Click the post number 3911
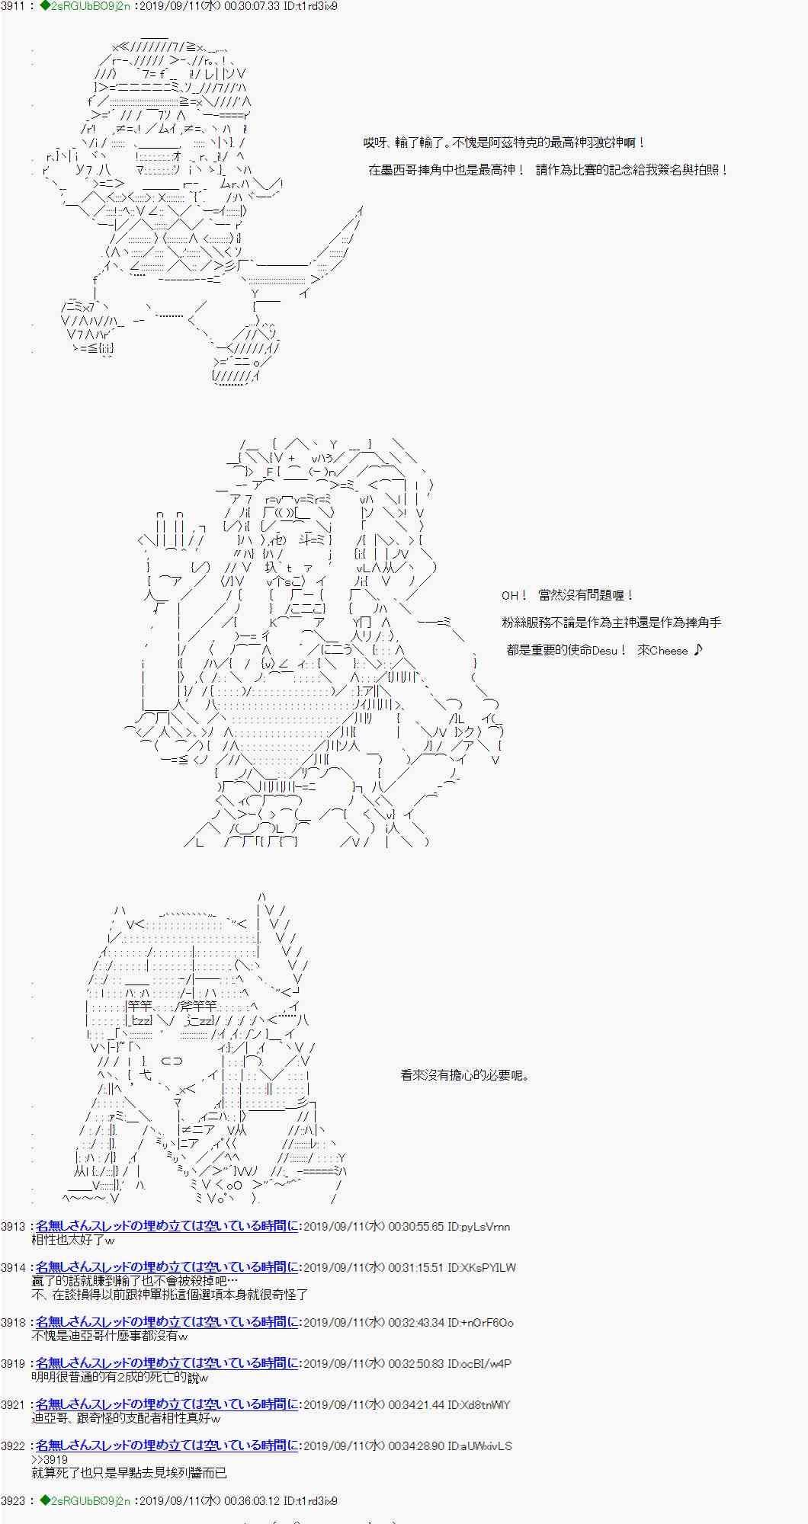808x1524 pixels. pyautogui.click(x=13, y=6)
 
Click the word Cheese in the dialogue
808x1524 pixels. pyautogui.click(x=669, y=650)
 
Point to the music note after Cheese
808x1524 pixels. pyautogui.click(x=699, y=649)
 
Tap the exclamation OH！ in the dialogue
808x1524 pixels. pyautogui.click(x=515, y=595)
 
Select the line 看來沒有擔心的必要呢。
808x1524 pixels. pyautogui.click(x=464, y=1075)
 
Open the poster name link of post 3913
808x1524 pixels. pyautogui.click(x=167, y=1226)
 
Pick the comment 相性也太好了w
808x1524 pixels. pyautogui.click(x=73, y=1240)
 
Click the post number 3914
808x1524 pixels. pyautogui.click(x=13, y=1267)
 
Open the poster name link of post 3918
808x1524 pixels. pyautogui.click(x=167, y=1322)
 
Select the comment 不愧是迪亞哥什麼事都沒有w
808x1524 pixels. pyautogui.click(x=110, y=1336)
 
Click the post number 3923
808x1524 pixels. pyautogui.click(x=13, y=1500)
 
